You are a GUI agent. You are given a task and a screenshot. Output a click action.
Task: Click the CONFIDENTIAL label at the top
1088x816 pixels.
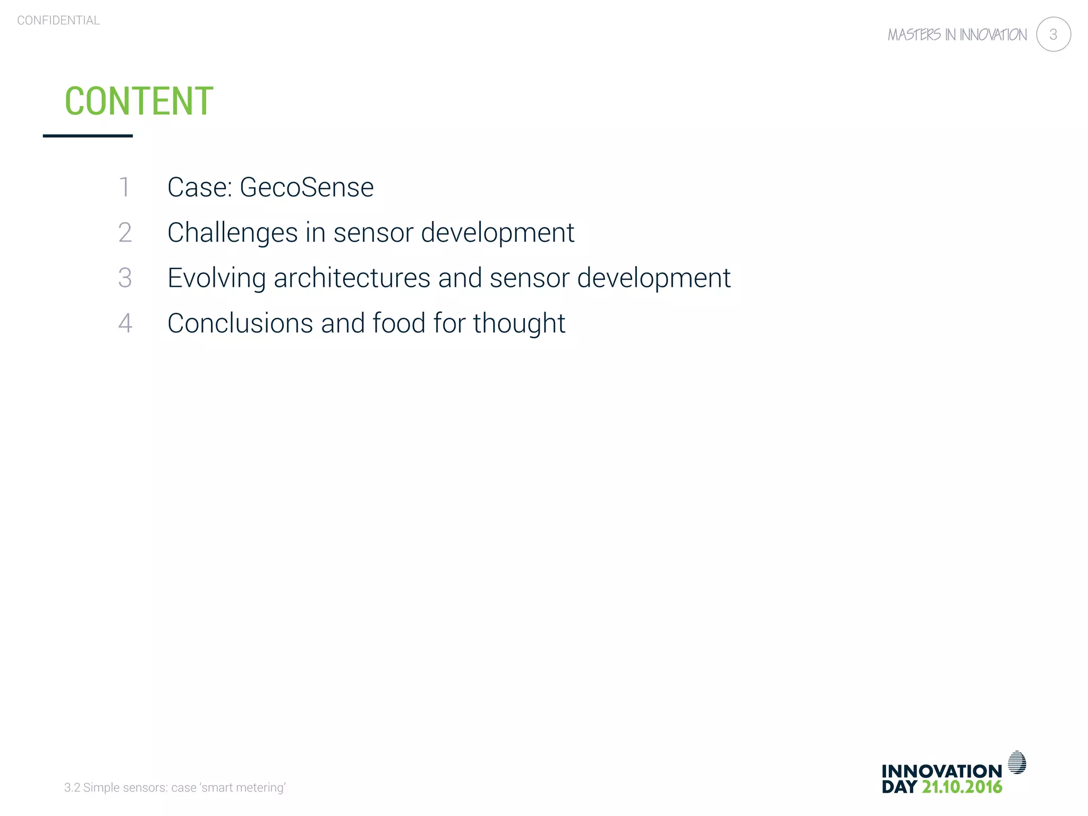point(58,20)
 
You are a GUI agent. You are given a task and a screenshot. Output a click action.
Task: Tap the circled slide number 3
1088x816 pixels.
point(1053,35)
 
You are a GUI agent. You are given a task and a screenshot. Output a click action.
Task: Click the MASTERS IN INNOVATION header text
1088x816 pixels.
point(957,35)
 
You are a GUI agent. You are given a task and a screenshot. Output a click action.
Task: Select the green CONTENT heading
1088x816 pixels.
point(139,101)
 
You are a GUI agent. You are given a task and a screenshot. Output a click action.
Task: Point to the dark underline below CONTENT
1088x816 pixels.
point(88,136)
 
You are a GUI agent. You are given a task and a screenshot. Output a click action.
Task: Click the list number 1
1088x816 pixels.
point(124,187)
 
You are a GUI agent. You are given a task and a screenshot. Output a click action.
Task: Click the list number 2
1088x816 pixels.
point(125,233)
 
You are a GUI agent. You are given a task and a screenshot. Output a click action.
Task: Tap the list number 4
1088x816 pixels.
point(125,323)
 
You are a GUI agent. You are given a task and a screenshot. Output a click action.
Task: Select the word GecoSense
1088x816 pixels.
point(307,187)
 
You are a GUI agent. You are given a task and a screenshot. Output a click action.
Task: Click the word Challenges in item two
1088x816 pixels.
point(232,233)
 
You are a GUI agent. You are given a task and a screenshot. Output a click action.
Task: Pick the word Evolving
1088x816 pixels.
point(216,278)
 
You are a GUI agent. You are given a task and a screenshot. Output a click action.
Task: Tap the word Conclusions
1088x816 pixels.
point(240,323)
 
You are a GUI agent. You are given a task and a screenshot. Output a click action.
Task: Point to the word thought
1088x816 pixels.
point(519,323)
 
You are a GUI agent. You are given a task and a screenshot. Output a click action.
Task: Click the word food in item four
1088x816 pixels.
point(399,323)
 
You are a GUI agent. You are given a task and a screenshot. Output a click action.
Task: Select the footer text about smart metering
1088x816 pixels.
point(175,787)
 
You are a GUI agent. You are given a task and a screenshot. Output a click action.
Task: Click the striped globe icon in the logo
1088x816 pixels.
point(1017,762)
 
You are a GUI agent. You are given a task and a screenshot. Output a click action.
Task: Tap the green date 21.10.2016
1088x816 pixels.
point(962,787)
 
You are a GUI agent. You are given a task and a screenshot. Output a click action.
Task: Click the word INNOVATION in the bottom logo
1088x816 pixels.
point(941,771)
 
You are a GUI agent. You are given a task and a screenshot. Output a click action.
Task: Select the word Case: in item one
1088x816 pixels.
point(200,187)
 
